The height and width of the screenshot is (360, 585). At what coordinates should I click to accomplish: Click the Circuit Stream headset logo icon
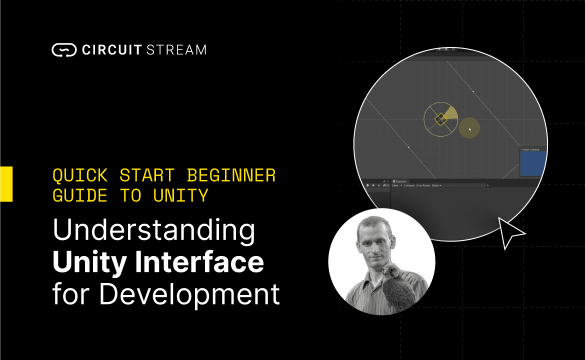point(63,50)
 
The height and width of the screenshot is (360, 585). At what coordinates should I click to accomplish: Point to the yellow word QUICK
point(80,175)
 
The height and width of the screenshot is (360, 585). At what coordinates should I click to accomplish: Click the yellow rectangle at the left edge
point(6,184)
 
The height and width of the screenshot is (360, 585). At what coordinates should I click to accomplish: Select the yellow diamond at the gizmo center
point(440,119)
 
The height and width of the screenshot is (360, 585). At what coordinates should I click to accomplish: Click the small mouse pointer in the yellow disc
point(470,129)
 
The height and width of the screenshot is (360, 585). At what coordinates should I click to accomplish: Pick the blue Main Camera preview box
point(533,163)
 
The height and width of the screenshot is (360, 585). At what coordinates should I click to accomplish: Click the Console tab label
point(401,181)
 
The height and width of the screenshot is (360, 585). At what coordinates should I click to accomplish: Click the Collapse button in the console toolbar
point(409,185)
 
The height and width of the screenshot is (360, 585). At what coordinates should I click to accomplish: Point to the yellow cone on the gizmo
point(451,114)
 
